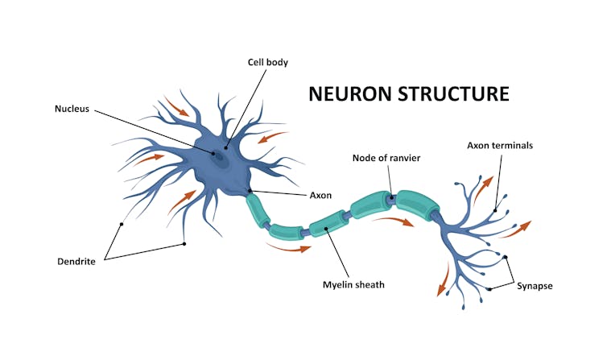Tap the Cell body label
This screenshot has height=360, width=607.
pyautogui.click(x=268, y=62)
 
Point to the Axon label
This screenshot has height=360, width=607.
pyautogui.click(x=320, y=195)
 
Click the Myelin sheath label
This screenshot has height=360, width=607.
pyautogui.click(x=353, y=283)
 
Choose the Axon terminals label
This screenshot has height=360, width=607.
pyautogui.click(x=500, y=146)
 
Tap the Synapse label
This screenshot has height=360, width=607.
pyautogui.click(x=535, y=285)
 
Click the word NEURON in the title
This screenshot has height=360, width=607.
pyautogui.click(x=351, y=94)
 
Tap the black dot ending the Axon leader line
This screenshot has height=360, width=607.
pyautogui.click(x=251, y=192)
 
